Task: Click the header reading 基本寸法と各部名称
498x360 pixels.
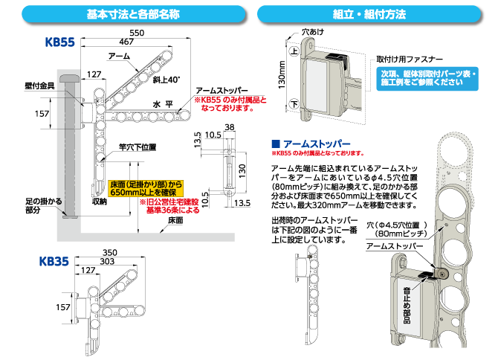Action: (x=133, y=13)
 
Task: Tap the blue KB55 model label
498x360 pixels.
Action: (x=60, y=43)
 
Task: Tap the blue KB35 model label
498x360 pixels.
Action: (x=54, y=262)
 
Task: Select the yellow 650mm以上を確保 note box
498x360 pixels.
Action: (x=146, y=187)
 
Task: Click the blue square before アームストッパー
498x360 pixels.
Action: (x=276, y=144)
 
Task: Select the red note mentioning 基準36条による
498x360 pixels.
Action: (x=170, y=206)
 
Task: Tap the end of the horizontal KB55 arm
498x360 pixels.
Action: (x=186, y=115)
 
